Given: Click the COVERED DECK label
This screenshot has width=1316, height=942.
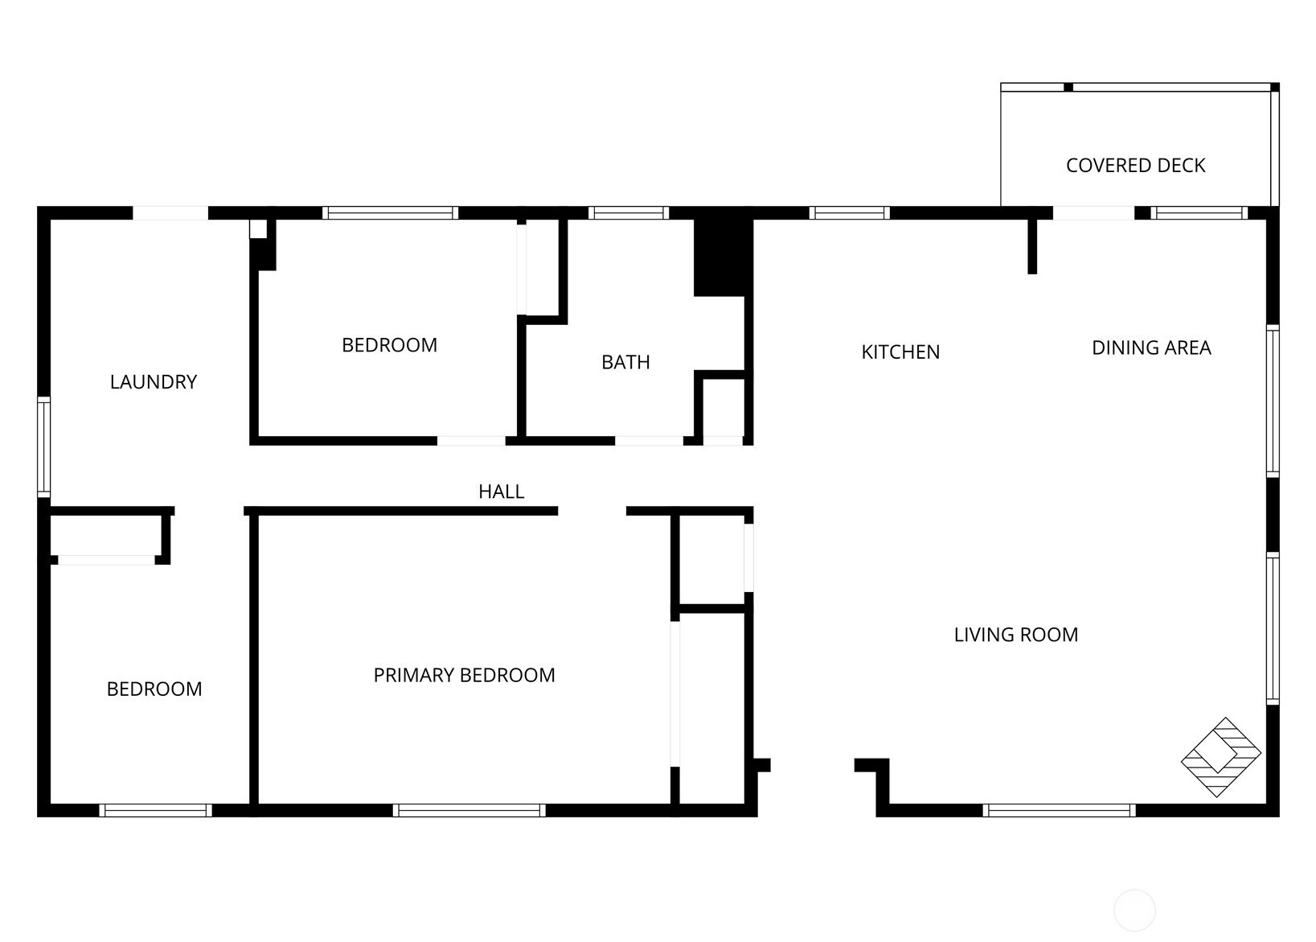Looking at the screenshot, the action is point(1135,165).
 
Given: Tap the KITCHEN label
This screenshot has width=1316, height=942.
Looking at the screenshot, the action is point(900,352).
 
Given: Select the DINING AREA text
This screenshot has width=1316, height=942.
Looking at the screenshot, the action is point(1151,348).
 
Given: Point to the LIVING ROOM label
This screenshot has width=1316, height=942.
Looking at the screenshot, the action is point(1016,635).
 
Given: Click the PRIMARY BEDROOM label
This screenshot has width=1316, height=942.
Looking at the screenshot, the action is point(464,675).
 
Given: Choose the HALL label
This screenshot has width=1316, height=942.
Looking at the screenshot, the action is point(501,491).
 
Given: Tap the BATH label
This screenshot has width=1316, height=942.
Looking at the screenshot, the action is point(625,362).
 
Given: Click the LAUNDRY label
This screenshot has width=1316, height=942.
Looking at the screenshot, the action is point(154,381).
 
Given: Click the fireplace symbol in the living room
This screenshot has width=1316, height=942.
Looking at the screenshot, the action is point(1221,757).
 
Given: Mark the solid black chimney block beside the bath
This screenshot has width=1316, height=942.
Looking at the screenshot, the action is point(724,257).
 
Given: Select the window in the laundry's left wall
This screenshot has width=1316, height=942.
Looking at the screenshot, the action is point(43,447).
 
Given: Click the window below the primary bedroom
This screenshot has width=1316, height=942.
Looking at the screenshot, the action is point(469,810).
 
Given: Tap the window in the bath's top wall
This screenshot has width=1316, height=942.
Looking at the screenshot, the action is point(629,213).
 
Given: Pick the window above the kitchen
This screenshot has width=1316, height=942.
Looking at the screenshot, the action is point(850,213).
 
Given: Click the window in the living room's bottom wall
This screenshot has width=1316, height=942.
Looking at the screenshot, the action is point(1059,810).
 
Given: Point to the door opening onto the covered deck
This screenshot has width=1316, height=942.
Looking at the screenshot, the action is point(1093,213).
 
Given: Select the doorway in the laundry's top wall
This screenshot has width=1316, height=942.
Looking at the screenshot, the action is point(170,213).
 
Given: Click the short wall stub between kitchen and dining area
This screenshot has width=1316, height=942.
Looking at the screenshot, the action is point(1032,246).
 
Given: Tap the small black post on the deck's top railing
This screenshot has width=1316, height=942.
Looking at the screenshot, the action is point(1068,87).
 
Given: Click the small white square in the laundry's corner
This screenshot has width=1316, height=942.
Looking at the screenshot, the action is point(258,228).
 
